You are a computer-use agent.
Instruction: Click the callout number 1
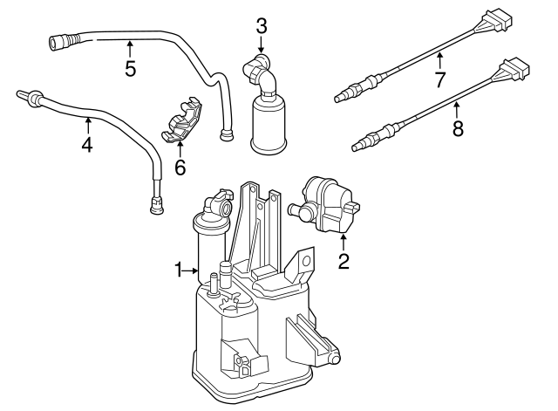pos(179,271)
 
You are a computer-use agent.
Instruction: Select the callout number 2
pos(344,260)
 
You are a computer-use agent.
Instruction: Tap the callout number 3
pos(261,25)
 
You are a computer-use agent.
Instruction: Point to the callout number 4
pos(86,144)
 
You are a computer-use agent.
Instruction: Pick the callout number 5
pos(130,68)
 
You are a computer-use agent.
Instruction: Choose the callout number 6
pos(180,167)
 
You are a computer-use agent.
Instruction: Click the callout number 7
pos(441,80)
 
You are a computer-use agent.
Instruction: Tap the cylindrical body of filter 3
pos(269,127)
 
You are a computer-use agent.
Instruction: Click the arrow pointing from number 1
pos(194,271)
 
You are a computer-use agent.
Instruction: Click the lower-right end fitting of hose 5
pos(228,135)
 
